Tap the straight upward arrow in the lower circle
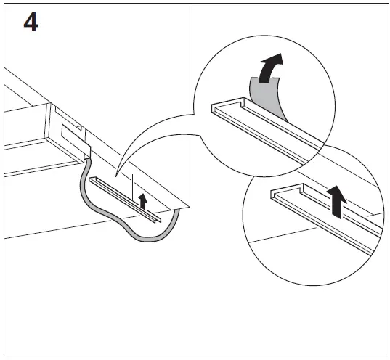coord(336,200)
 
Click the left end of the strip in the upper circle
coord(215,108)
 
